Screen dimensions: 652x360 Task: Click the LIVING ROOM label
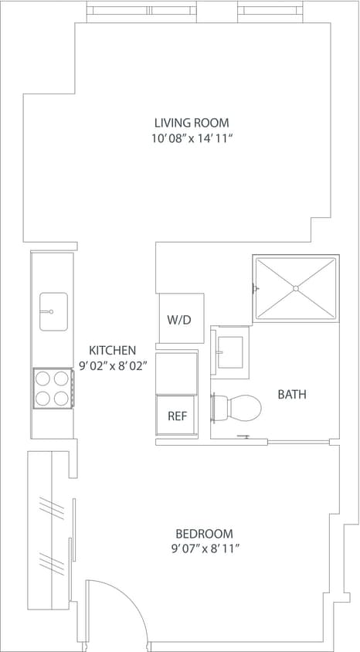coord(191,123)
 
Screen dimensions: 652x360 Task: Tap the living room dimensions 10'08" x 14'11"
coord(192,139)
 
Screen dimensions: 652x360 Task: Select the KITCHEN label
coord(113,350)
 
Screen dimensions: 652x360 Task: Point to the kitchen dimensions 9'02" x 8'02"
coord(113,366)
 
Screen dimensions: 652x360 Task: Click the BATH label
coord(292,394)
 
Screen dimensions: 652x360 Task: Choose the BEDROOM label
coord(204,533)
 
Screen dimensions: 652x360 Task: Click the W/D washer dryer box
coord(181,319)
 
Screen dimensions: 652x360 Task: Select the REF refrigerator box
coord(177,416)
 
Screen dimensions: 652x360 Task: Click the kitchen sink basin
coord(53,311)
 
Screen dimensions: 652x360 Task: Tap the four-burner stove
coord(53,388)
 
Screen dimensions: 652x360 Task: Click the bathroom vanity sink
coord(229,353)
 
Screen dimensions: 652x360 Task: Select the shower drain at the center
coord(296,287)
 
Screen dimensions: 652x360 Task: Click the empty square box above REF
coord(177,372)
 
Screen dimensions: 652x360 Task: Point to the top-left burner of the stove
coord(43,379)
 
